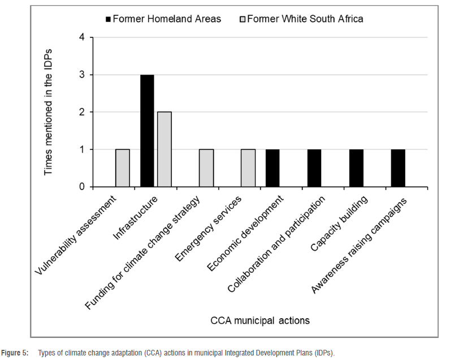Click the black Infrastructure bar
coord(147,131)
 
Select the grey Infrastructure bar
coord(164,149)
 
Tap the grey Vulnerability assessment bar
coord(123,168)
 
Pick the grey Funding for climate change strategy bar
coord(206,168)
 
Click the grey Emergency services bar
coord(248,168)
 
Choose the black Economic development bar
coord(272,168)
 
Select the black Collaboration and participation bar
coord(314,168)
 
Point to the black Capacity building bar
coord(356,168)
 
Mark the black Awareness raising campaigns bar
coord(398,168)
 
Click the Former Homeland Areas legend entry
coord(163,19)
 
